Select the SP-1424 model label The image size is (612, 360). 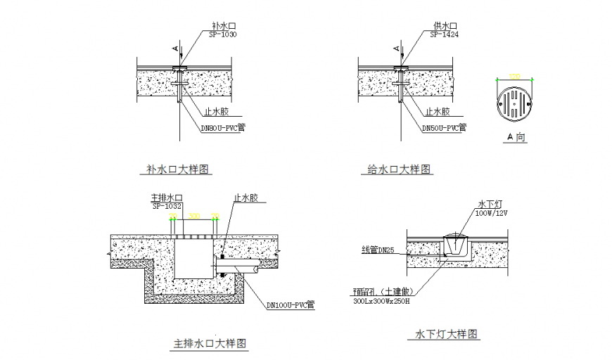click(444, 34)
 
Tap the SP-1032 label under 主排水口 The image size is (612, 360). click(167, 206)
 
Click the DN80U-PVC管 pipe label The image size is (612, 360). click(223, 128)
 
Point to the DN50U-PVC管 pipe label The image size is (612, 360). click(444, 129)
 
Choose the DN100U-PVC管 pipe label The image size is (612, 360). click(290, 305)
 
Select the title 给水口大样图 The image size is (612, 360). click(400, 169)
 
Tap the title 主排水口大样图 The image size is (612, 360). click(210, 344)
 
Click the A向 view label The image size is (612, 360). click(516, 137)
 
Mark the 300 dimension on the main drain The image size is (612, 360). click(194, 216)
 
